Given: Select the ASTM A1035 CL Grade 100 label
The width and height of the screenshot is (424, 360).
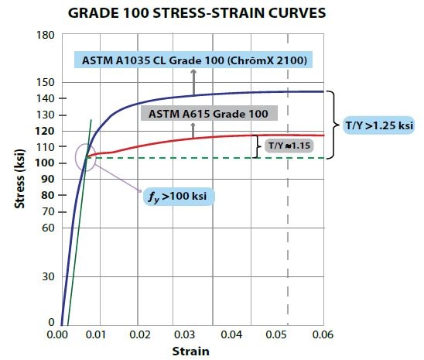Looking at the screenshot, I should tap(195, 60).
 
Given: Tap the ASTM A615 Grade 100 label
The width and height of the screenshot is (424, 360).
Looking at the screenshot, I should tap(208, 114).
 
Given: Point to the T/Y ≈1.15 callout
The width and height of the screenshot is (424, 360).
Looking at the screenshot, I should tap(284, 145).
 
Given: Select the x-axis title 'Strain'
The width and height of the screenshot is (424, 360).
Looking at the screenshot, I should tap(190, 350).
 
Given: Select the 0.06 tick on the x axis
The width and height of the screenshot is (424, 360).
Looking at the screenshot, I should tap(322, 335).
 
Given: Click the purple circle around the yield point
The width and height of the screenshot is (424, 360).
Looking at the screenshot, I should tap(87, 156).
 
